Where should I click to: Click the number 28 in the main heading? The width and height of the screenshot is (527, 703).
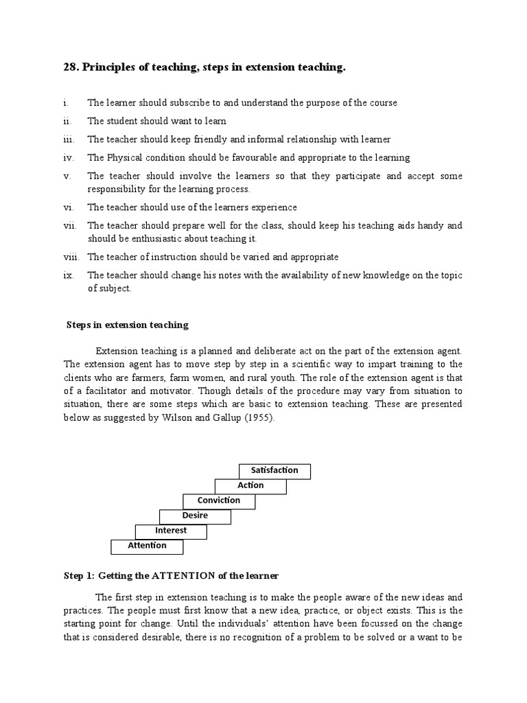pyautogui.click(x=70, y=67)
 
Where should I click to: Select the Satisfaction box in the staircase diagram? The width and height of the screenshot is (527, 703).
pyautogui.click(x=274, y=471)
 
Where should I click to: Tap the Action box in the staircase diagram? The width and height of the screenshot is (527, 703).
pyautogui.click(x=250, y=485)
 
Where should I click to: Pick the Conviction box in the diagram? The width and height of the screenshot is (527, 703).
pyautogui.click(x=219, y=500)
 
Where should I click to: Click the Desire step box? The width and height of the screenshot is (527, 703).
pyautogui.click(x=195, y=516)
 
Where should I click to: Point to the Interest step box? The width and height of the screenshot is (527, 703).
pyautogui.click(x=171, y=531)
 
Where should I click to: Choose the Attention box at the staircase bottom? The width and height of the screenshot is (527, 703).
pyautogui.click(x=148, y=546)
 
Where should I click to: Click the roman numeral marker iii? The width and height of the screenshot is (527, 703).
pyautogui.click(x=67, y=139)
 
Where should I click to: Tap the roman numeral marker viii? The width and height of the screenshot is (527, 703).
pyautogui.click(x=71, y=257)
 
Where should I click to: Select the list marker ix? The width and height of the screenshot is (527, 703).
pyautogui.click(x=67, y=275)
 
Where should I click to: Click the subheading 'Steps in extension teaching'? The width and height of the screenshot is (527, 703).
pyautogui.click(x=127, y=325)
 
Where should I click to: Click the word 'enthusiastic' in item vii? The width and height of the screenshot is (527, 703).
pyautogui.click(x=157, y=239)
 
